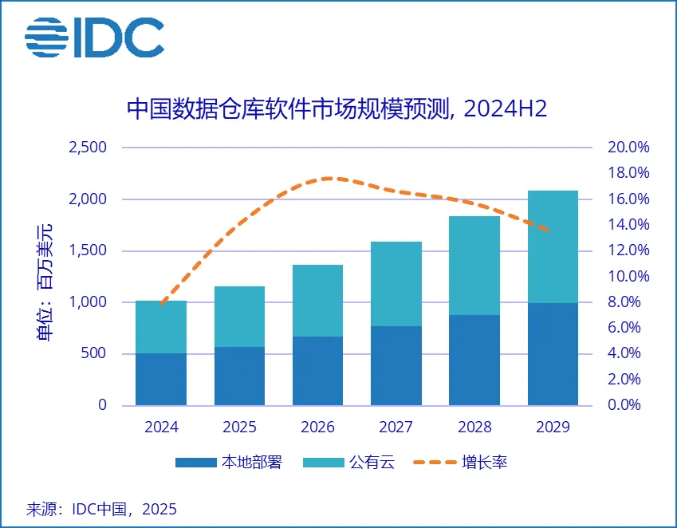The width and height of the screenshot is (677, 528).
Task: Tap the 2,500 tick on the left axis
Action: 88,148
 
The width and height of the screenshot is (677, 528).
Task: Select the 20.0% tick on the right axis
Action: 628,148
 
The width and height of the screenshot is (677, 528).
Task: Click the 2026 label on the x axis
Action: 318,427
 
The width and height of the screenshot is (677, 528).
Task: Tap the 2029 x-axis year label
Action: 553,427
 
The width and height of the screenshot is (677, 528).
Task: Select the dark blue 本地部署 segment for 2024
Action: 161,379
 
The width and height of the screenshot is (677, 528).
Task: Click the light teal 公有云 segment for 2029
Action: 553,246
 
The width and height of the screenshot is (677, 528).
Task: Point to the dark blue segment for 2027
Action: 396,365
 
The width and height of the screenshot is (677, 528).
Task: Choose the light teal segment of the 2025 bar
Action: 239,317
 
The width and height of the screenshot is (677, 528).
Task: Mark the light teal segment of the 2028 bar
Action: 474,266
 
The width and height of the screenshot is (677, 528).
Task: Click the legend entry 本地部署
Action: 228,463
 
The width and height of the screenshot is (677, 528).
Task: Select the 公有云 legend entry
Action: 359,463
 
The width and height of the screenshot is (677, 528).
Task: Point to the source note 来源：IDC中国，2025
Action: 101,509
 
